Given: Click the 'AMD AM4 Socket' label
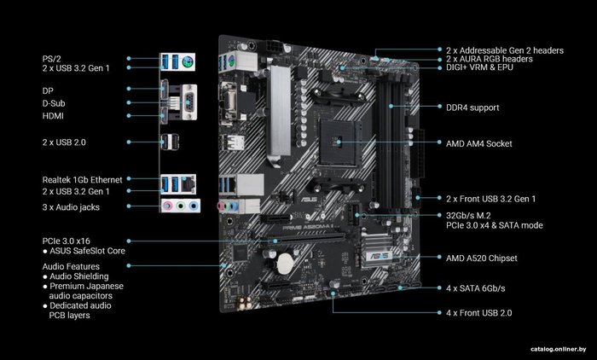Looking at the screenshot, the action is click(479, 143).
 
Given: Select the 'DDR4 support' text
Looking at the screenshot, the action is click(472, 107).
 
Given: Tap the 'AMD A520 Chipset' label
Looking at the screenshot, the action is click(482, 258).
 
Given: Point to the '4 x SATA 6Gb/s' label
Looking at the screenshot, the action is click(476, 288).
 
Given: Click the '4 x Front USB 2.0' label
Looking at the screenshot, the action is click(479, 313).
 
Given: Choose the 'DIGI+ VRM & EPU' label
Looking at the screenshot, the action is click(479, 67).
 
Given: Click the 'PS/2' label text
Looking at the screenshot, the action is click(51, 59).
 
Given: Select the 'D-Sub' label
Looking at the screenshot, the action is click(54, 103).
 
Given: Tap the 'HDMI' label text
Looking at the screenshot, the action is click(53, 116).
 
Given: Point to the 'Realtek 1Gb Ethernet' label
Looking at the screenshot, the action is click(82, 180).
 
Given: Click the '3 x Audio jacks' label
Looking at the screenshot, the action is click(71, 207).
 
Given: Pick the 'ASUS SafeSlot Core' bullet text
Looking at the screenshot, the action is click(87, 251).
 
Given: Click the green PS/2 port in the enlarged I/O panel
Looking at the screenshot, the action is click(187, 61).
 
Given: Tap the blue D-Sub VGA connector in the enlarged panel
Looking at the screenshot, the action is click(189, 102).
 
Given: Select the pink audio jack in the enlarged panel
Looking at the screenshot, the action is click(167, 206).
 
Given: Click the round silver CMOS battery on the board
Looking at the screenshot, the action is click(285, 264).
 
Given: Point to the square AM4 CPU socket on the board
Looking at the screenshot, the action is click(339, 142).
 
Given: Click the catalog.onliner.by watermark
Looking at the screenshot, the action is click(559, 349).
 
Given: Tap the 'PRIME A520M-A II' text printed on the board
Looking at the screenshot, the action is click(309, 228).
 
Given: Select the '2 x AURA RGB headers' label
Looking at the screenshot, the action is click(490, 59).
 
